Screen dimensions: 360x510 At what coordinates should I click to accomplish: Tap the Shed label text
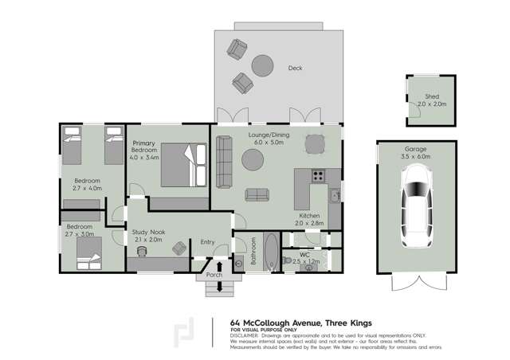[432, 96]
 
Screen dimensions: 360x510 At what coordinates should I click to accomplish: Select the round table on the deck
[263, 64]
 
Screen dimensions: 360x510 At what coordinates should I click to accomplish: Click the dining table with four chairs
[316, 143]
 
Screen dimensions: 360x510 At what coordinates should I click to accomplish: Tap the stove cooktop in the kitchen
[318, 177]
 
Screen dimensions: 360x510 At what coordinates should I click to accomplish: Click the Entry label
[208, 242]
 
